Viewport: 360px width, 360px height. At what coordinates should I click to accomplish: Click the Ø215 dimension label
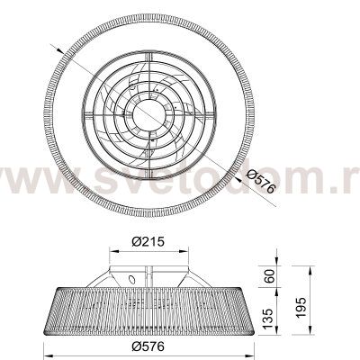pyautogui.click(x=148, y=241)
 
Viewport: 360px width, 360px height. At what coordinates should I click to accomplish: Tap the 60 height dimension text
pyautogui.click(x=269, y=276)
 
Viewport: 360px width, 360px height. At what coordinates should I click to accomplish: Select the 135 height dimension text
pyautogui.click(x=269, y=318)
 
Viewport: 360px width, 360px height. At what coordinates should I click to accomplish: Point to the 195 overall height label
pyautogui.click(x=301, y=308)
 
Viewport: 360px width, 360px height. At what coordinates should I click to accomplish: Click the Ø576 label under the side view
pyautogui.click(x=148, y=346)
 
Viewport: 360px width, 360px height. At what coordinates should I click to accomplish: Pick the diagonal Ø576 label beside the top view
pyautogui.click(x=260, y=181)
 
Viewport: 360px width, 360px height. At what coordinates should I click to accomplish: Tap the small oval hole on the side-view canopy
pyautogui.click(x=132, y=280)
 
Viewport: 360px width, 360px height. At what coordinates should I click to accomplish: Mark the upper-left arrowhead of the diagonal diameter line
pyautogui.click(x=60, y=50)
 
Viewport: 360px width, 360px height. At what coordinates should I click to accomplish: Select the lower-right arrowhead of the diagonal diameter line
pyautogui.click(x=238, y=179)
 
